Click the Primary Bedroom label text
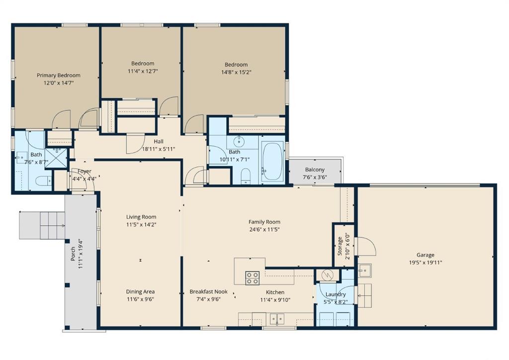58,76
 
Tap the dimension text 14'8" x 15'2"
236,72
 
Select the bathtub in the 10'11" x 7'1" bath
271,161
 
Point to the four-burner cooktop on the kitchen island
252,277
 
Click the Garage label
425,255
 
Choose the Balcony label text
315,170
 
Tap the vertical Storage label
340,246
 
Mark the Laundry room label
336,294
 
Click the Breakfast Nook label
208,292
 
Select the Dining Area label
141,292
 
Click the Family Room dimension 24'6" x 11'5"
264,229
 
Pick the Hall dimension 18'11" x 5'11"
158,149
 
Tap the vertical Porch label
73,254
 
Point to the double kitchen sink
276,318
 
